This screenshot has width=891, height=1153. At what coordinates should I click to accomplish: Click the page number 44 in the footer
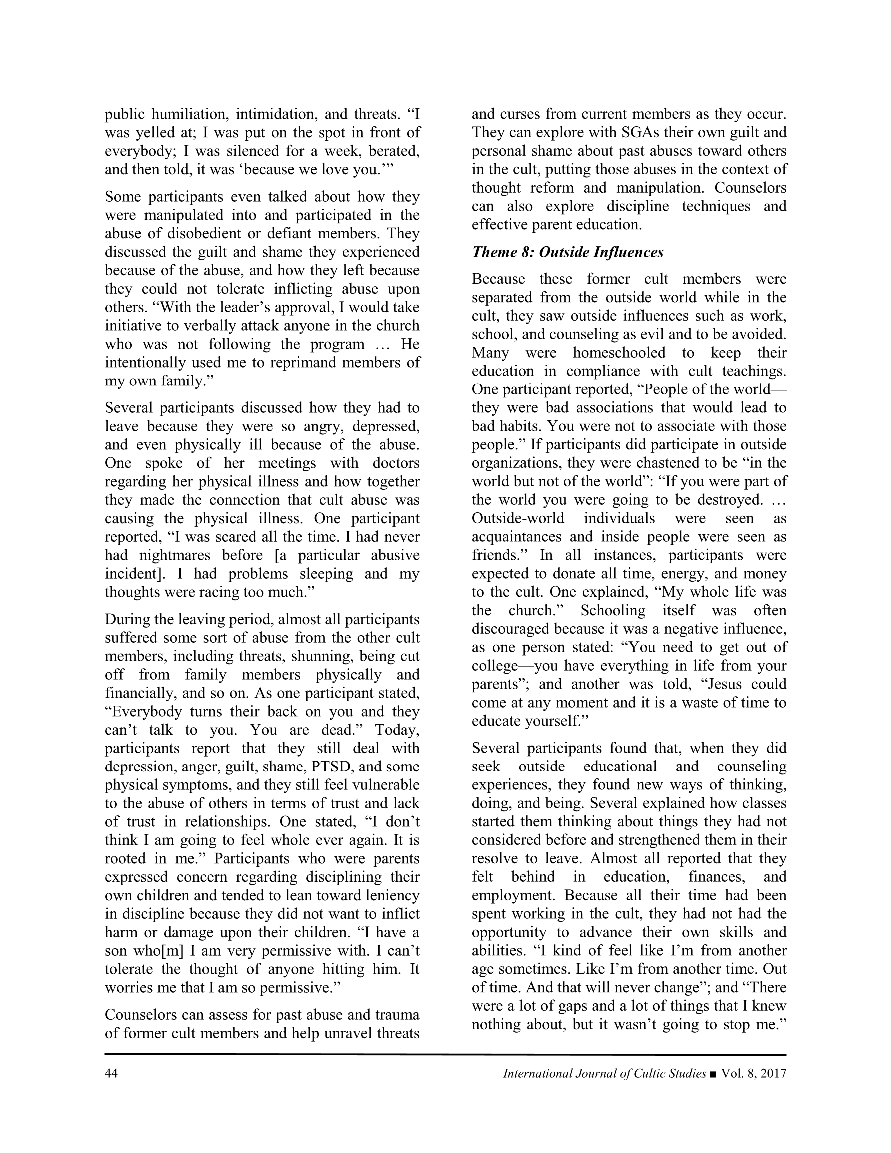pos(111,1073)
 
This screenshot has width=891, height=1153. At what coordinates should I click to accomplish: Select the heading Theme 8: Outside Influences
pos(568,252)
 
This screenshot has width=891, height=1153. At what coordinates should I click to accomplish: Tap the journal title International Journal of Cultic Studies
pos(604,1073)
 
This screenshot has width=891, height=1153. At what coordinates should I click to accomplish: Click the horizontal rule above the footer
pos(445,1055)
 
